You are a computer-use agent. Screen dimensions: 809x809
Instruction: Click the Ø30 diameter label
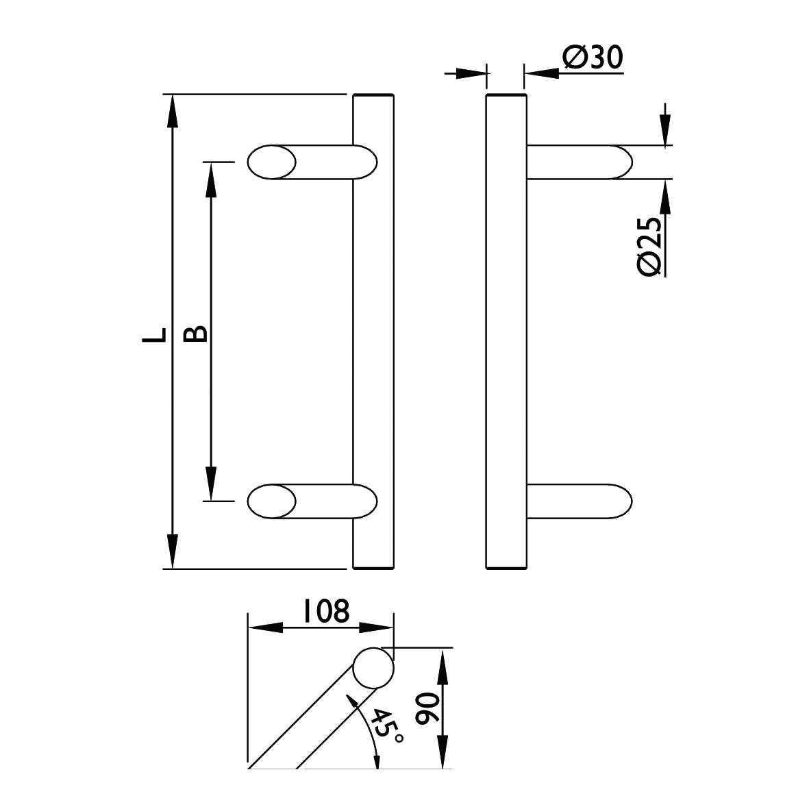point(593,58)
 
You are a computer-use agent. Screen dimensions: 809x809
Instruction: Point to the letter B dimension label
point(195,334)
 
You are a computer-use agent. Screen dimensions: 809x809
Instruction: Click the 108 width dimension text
point(326,612)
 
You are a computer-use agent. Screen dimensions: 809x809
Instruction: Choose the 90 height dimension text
point(427,710)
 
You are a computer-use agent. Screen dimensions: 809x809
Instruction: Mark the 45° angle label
point(386,726)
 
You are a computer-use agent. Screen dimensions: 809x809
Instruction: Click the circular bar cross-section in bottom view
point(373,668)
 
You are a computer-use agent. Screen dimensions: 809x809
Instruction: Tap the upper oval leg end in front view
point(272,162)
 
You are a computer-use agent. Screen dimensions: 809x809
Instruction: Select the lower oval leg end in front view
point(272,501)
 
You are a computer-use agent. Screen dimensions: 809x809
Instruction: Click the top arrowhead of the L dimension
point(173,112)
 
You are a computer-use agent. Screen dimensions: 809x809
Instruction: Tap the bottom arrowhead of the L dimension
point(173,552)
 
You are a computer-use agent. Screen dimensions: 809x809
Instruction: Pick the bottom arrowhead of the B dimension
point(210,484)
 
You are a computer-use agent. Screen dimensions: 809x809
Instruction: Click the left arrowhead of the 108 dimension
point(266,628)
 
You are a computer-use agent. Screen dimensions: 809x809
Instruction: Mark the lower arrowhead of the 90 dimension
point(443,751)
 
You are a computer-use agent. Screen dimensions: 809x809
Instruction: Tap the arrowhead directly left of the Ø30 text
point(541,73)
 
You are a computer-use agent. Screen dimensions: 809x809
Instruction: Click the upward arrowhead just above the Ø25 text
point(666,197)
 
